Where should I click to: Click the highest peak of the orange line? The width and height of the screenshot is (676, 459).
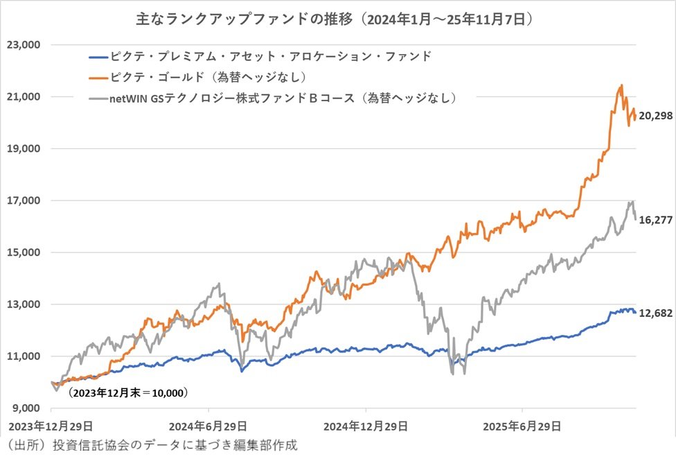pyautogui.click(x=621, y=85)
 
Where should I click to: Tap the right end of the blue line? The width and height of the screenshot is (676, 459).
pyautogui.click(x=635, y=313)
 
